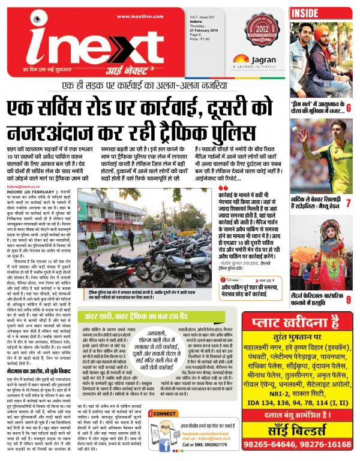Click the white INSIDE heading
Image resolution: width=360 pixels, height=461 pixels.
coord(307,11)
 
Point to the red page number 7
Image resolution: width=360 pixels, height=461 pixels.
coord(348,204)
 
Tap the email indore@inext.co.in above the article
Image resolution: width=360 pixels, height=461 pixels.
coord(23,170)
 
